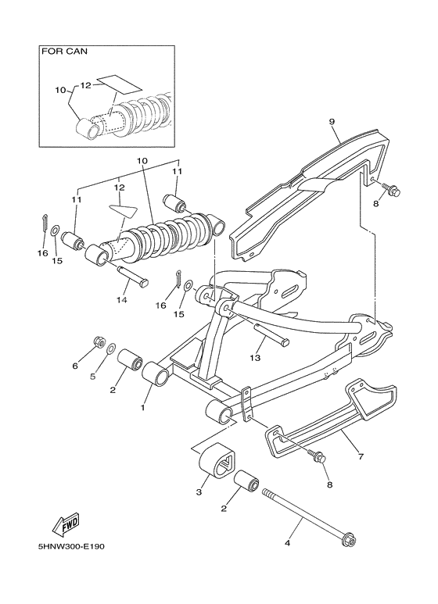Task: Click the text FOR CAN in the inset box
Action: tap(65, 53)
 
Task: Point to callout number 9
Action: tap(332, 122)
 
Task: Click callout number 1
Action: tap(143, 406)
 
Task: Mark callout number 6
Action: tap(75, 366)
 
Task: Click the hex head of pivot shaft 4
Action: tap(350, 539)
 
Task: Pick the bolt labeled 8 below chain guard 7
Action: tap(320, 459)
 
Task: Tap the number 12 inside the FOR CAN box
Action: tap(86, 84)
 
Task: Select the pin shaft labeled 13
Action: tap(273, 334)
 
